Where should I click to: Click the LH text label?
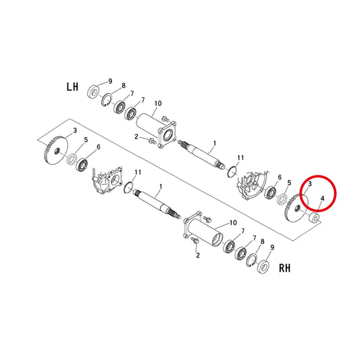point(72,86)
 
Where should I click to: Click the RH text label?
point(284,268)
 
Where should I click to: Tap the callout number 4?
point(322,199)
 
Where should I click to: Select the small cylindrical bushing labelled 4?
point(313,217)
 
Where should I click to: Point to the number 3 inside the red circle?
point(310,184)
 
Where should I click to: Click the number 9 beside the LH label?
point(110,81)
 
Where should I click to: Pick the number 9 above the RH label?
point(272,247)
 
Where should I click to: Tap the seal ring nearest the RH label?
point(263,266)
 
